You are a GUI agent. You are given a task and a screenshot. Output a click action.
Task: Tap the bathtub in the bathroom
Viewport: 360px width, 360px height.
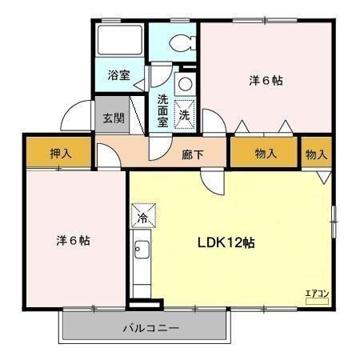(x=119, y=45)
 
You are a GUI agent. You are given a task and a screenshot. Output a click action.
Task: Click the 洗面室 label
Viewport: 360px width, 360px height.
(x=163, y=110)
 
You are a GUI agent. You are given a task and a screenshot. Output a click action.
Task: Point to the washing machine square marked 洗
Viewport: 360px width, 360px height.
(x=185, y=114)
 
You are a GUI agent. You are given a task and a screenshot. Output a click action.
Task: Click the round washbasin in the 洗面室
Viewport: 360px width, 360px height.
(x=184, y=83)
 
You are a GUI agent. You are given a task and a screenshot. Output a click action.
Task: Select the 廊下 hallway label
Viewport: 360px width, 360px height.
(x=193, y=153)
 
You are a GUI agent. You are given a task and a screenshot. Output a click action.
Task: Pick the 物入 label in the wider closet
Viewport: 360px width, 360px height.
(x=266, y=153)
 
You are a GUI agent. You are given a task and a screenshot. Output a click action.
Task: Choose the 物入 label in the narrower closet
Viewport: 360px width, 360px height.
(x=316, y=153)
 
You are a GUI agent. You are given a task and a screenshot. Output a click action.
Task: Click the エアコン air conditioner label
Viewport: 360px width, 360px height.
(x=318, y=293)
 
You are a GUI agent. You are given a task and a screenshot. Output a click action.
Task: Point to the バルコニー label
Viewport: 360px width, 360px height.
(x=150, y=327)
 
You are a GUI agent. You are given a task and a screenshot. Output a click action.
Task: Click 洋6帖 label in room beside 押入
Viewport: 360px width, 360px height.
(x=72, y=240)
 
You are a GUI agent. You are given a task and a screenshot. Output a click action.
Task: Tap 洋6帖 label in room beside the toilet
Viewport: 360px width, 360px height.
(x=266, y=81)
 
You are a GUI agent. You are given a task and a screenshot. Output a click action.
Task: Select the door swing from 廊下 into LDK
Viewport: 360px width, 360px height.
(x=214, y=182)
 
